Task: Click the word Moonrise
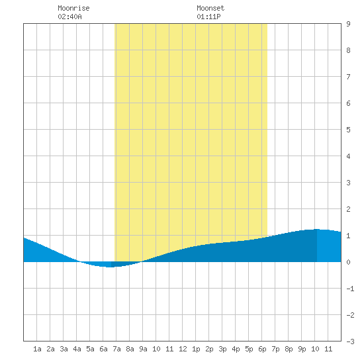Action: coord(73,8)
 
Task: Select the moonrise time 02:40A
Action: coord(69,17)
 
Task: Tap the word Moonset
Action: coord(210,8)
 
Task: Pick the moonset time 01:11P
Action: coord(208,17)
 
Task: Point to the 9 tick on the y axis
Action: coord(348,24)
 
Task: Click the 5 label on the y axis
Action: coord(348,130)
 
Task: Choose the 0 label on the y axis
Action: coord(348,262)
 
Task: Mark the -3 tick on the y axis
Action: coord(350,341)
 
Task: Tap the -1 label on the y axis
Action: coord(350,289)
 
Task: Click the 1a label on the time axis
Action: coord(37,349)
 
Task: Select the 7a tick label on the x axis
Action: coord(116,349)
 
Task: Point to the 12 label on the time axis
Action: coord(183,349)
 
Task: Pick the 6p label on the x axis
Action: coord(262,349)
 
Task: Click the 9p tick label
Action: coord(302,349)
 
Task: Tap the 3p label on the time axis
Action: coord(222,349)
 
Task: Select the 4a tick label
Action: coord(77,349)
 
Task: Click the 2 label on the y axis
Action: coord(348,209)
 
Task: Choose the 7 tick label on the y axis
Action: coord(348,77)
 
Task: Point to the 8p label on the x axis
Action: coord(289,349)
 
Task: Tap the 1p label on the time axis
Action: coord(196,349)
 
